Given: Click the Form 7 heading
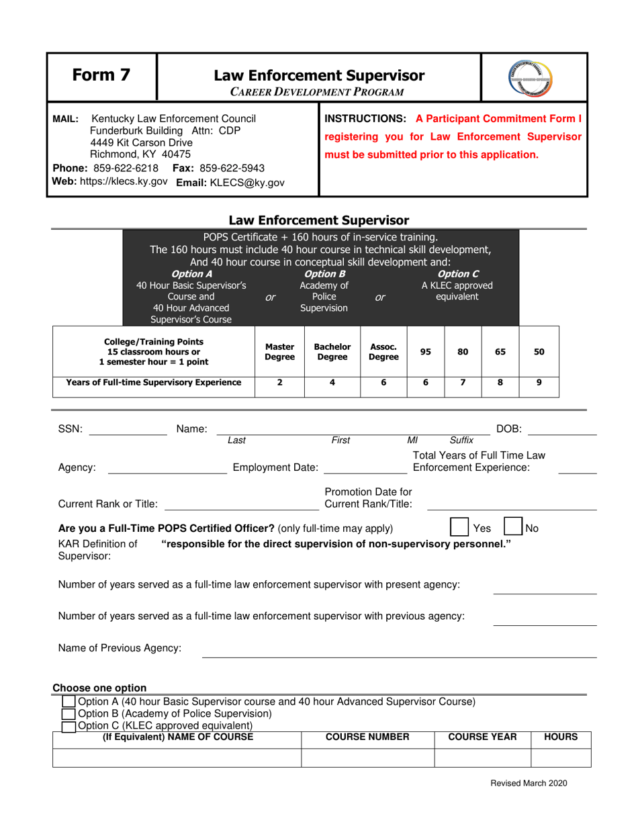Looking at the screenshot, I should point(102,77).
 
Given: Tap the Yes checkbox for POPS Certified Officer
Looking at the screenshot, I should point(460,525).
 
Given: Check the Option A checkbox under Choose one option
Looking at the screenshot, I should point(69,702).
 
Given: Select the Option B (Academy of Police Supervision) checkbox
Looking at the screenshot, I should point(69,714).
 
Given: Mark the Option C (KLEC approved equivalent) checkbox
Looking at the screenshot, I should point(69,726).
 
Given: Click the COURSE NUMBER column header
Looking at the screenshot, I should point(367,737).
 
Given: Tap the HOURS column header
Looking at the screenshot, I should point(561,737).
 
